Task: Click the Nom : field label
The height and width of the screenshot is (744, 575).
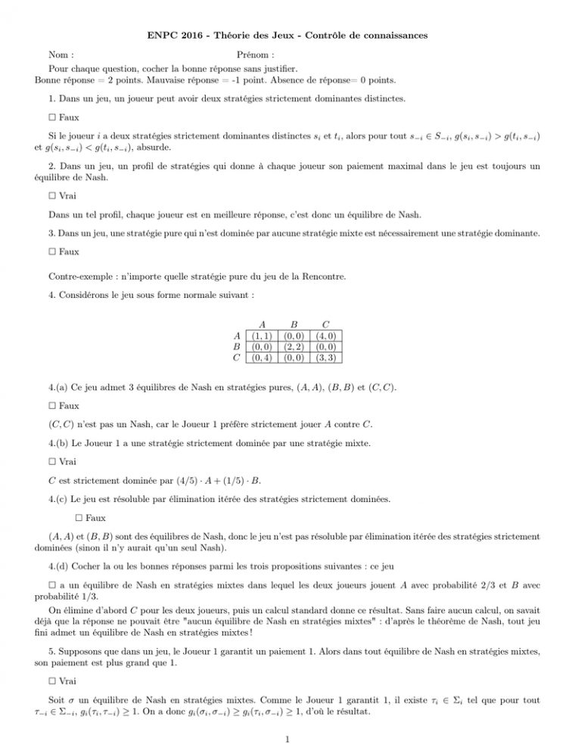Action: (61, 55)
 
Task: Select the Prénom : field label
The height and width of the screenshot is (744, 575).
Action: (255, 55)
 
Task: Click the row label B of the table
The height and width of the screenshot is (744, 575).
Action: (238, 346)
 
